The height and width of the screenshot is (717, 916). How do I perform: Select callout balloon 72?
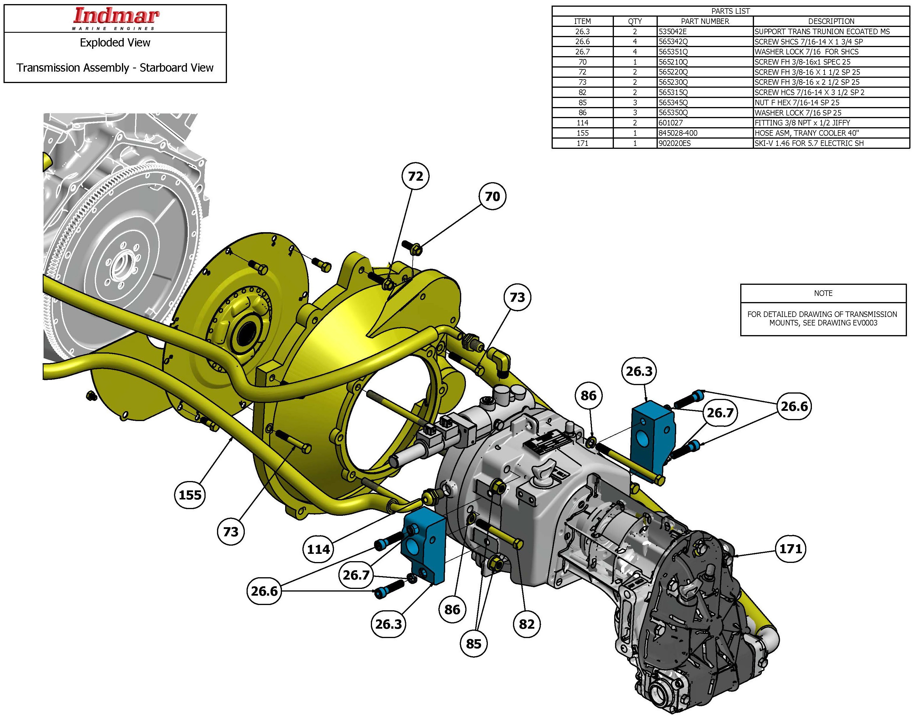[415, 176]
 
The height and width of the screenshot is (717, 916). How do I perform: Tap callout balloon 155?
[190, 495]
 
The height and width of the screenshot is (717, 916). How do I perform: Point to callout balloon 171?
[791, 549]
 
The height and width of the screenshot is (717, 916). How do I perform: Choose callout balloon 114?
[318, 549]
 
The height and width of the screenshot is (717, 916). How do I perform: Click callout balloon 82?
[526, 624]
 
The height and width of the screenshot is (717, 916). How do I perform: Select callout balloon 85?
[474, 644]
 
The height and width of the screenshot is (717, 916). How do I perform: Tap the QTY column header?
[635, 21]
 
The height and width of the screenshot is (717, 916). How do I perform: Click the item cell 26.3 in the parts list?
[582, 32]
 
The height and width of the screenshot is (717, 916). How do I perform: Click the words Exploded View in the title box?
[115, 43]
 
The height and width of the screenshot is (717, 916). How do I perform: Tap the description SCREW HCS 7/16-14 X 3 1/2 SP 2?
[809, 92]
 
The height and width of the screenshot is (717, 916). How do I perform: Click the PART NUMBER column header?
[705, 21]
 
